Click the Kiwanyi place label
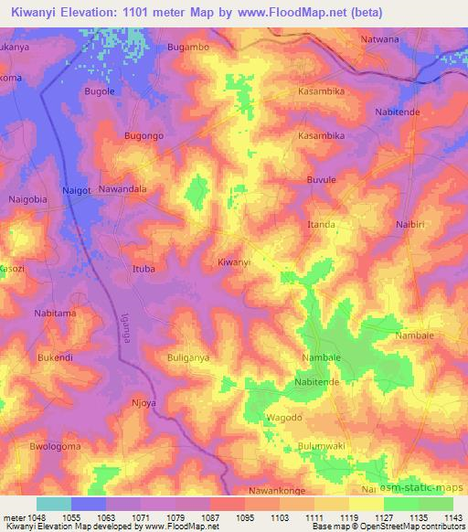point(234,262)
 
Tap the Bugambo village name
point(188,46)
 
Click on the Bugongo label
point(143,135)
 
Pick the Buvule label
point(322,180)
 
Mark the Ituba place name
point(144,269)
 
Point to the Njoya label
point(144,401)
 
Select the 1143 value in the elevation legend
point(452,517)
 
